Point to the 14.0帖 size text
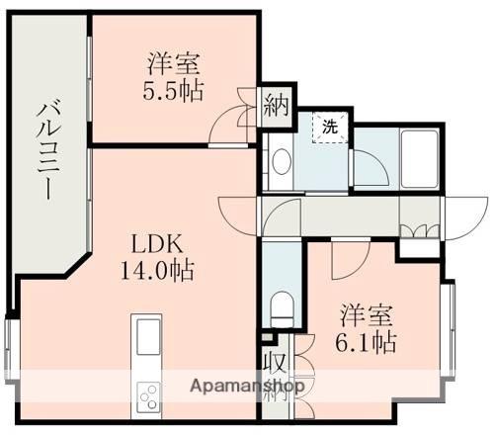click(158, 270)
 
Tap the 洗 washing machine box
click(330, 127)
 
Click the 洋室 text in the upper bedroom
click(174, 67)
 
